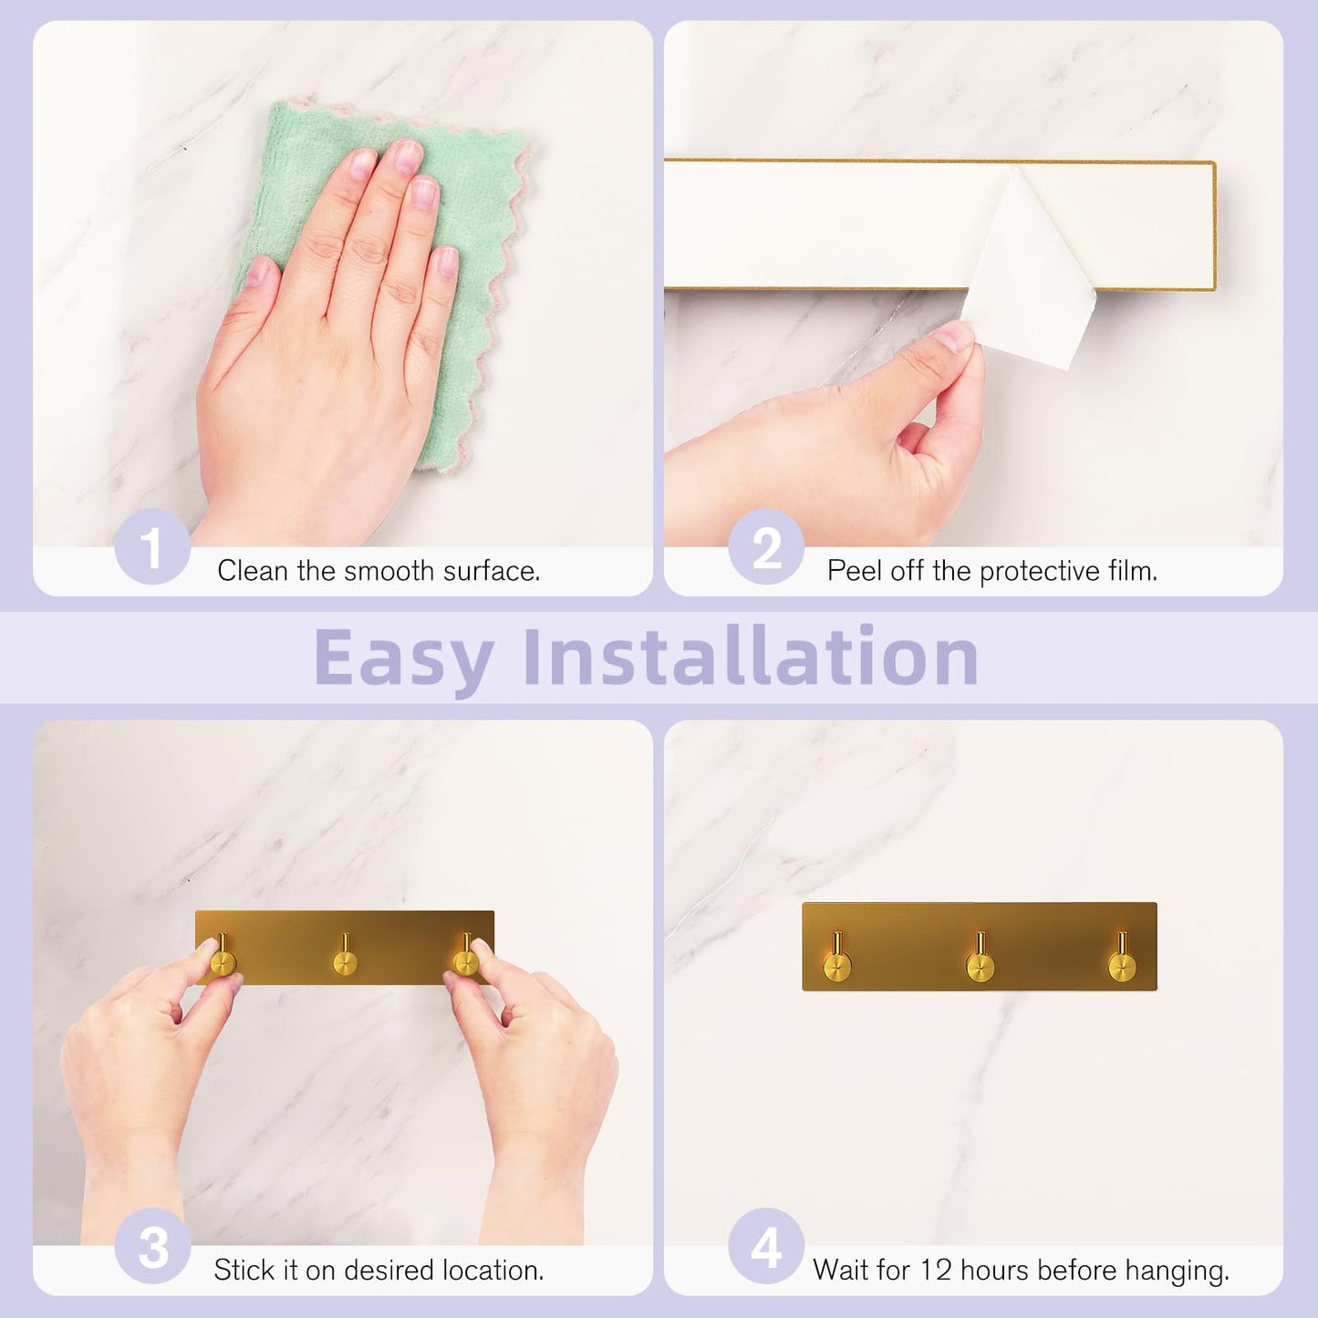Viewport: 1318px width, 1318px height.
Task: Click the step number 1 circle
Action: [x=152, y=547]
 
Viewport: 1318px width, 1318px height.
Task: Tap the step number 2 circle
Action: [x=766, y=547]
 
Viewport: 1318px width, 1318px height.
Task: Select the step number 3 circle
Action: [x=152, y=1247]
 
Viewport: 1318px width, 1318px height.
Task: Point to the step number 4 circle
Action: [x=766, y=1247]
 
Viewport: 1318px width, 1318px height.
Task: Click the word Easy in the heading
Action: [x=403, y=657]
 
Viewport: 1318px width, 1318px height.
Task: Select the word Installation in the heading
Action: [x=751, y=657]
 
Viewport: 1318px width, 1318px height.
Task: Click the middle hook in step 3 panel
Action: [x=345, y=960]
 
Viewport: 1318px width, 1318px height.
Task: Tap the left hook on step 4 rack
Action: [x=837, y=964]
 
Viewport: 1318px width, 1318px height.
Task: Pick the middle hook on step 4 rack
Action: [x=980, y=964]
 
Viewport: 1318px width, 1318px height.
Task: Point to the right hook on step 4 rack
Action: [x=1122, y=964]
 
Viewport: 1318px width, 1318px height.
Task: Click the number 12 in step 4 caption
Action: [x=934, y=1270]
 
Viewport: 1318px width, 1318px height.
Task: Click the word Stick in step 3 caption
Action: [x=244, y=1270]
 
